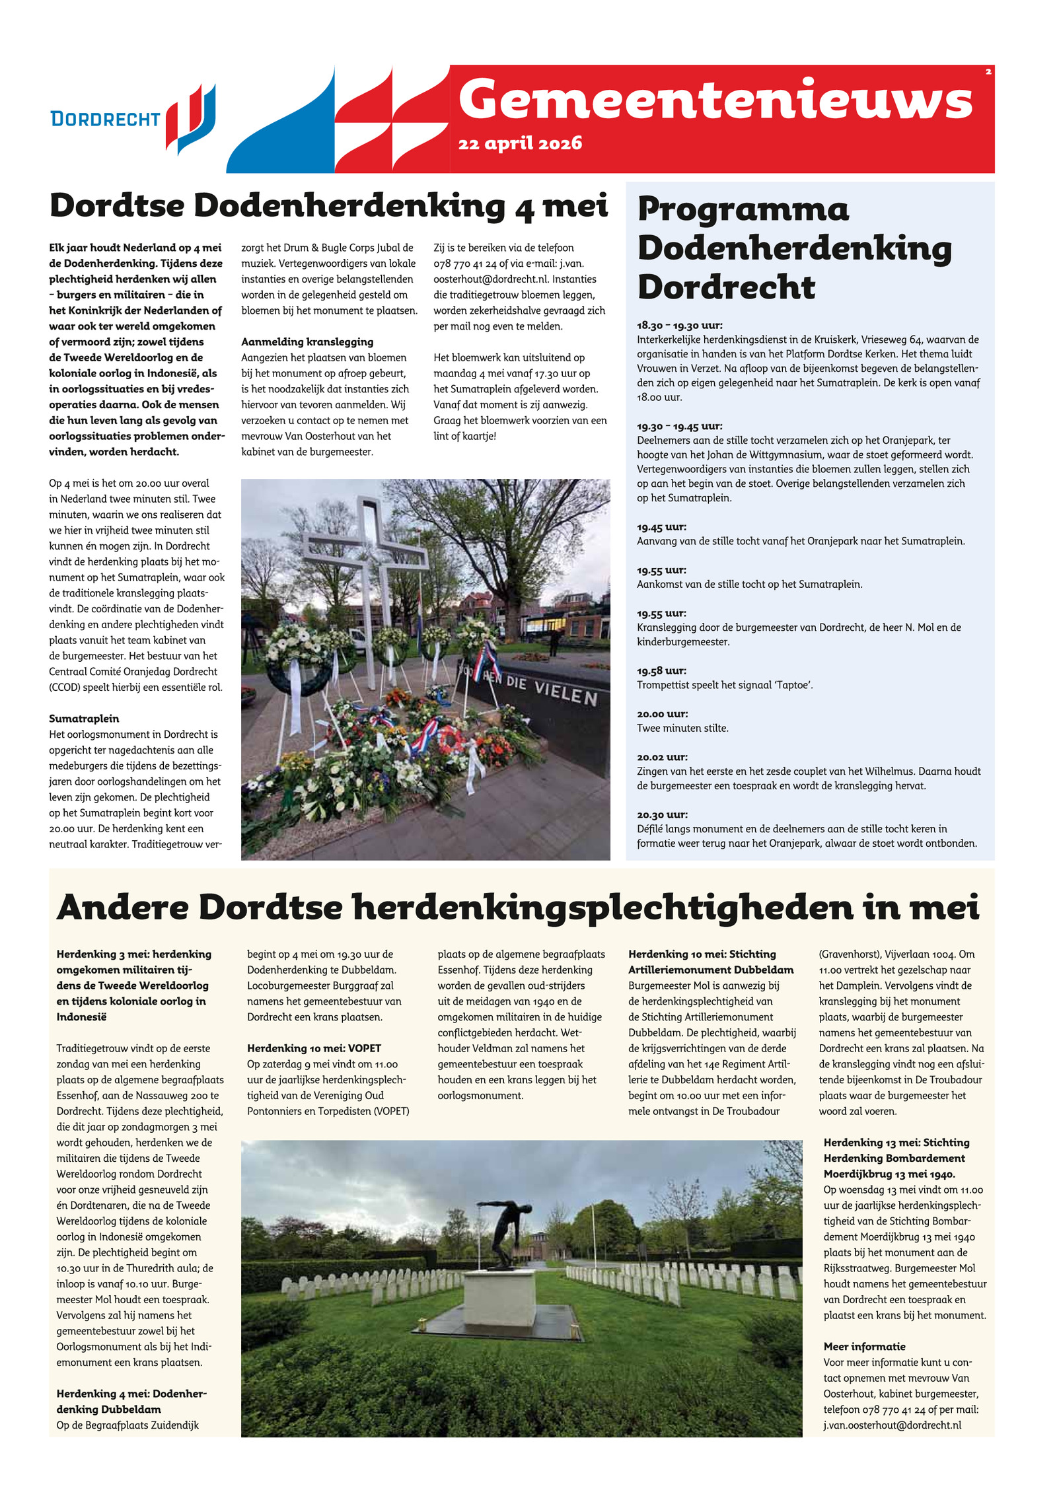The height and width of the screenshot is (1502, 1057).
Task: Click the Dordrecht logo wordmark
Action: coord(106,119)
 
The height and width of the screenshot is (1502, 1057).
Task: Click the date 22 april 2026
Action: coord(520,143)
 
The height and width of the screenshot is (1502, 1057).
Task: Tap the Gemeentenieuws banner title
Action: coord(715,100)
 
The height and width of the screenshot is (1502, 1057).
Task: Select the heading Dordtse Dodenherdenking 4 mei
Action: coord(328,205)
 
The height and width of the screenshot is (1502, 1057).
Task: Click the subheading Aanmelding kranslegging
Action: coord(307,342)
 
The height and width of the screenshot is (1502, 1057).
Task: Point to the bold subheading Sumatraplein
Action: coord(84,719)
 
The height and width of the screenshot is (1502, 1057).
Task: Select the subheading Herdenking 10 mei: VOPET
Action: coord(314,1048)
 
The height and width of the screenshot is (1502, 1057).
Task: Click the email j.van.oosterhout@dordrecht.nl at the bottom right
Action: coord(892,1425)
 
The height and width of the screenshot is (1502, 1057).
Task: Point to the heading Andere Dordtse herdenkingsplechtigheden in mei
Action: coord(518,907)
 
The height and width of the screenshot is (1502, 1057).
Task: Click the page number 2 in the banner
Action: coord(988,72)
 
